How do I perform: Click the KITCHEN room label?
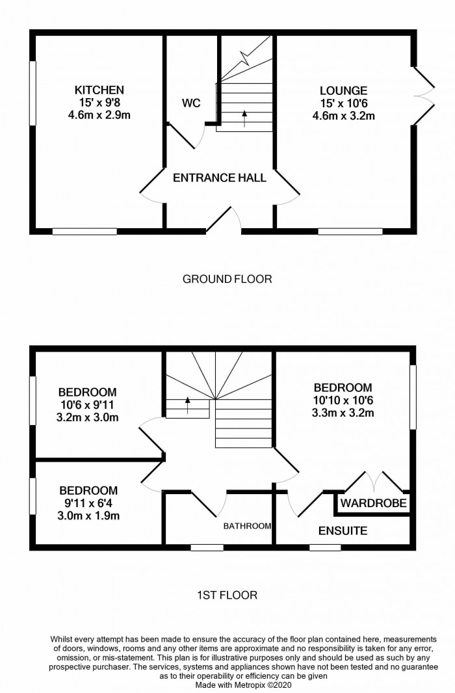click(x=99, y=90)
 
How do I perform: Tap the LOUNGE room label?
click(x=343, y=91)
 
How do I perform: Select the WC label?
click(x=190, y=103)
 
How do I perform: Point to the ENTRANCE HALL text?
click(x=219, y=177)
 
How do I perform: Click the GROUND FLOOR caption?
click(x=227, y=280)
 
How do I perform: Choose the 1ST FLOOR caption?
click(x=227, y=595)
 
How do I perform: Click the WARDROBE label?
click(x=374, y=503)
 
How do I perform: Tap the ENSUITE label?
click(x=343, y=531)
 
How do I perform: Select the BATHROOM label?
click(x=247, y=526)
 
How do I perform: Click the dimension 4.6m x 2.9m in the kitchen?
click(x=99, y=116)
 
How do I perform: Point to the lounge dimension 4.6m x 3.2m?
click(x=343, y=117)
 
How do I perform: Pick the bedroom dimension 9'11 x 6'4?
click(x=88, y=504)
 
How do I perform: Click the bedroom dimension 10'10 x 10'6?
click(x=343, y=400)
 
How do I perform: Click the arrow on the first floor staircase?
click(x=188, y=405)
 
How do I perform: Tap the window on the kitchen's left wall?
click(x=32, y=92)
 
